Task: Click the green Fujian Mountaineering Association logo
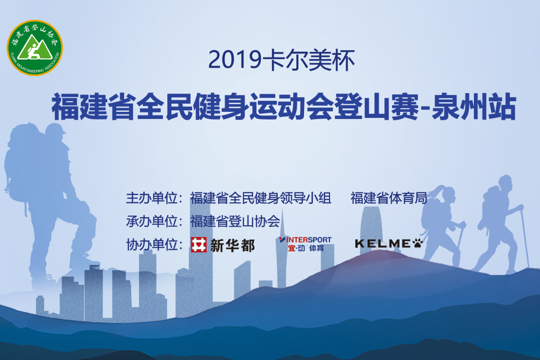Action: point(35,48)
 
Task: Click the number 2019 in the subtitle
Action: point(234,59)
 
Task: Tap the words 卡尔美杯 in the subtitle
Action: point(309,59)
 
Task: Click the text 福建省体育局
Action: point(389,198)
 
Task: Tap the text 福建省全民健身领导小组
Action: point(261,198)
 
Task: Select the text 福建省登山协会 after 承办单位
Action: point(235,221)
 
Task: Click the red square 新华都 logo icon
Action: point(199,245)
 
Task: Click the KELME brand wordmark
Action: point(382,244)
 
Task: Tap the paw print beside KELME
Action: point(417,243)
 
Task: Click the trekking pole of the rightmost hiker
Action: point(526,237)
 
